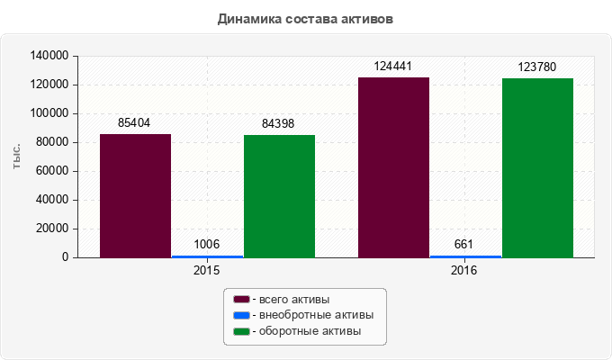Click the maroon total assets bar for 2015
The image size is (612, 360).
pyautogui.click(x=135, y=195)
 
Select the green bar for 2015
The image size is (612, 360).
pyautogui.click(x=279, y=196)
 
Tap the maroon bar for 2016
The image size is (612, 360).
pyautogui.click(x=393, y=167)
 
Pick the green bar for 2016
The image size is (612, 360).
pyautogui.click(x=537, y=168)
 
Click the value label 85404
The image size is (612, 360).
pyautogui.click(x=134, y=123)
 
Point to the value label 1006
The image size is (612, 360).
pyautogui.click(x=207, y=245)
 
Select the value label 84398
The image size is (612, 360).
pyautogui.click(x=278, y=124)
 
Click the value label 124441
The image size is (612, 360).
pyautogui.click(x=393, y=67)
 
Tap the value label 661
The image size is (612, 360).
pyautogui.click(x=464, y=245)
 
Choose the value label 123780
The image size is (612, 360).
pyautogui.click(x=537, y=67)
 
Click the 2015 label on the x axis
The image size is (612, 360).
pyautogui.click(x=207, y=270)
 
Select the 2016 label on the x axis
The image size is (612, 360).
pyautogui.click(x=464, y=270)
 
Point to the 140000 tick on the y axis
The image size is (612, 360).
pyautogui.click(x=50, y=56)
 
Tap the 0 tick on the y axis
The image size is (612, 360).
pyautogui.click(x=66, y=257)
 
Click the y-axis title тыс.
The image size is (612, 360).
pyautogui.click(x=17, y=156)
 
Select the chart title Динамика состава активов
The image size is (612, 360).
pyautogui.click(x=306, y=18)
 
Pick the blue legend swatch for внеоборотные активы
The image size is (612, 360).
pyautogui.click(x=241, y=316)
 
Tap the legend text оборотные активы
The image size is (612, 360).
pyautogui.click(x=310, y=332)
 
